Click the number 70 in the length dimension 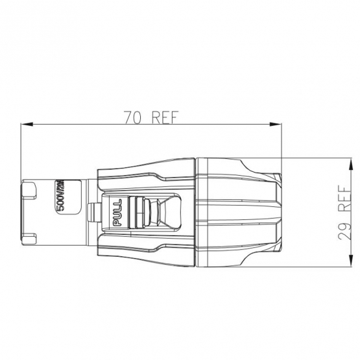tap(134, 117)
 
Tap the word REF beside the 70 tap(164, 117)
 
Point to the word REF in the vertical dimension tap(344, 202)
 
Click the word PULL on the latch tap(117, 211)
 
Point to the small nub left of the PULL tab tap(92, 211)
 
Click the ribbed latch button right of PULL tap(137, 211)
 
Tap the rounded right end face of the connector tap(277, 211)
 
